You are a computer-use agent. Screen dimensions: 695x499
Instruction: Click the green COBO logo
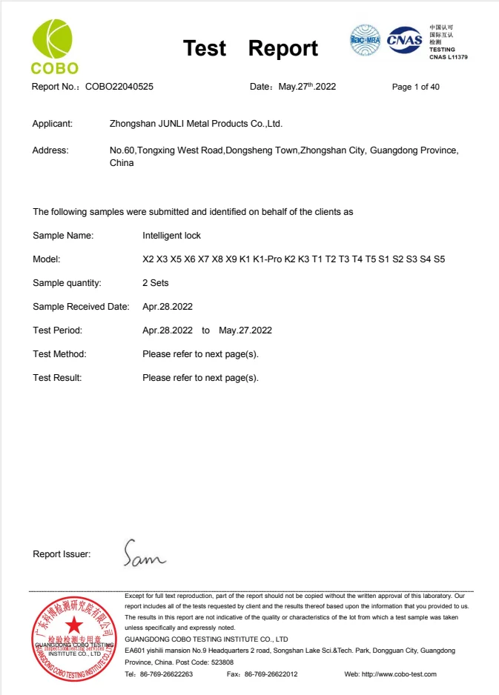[x=55, y=47]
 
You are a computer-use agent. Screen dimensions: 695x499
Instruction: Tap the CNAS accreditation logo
[x=405, y=39]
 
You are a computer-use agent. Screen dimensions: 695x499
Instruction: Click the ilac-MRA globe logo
[x=365, y=41]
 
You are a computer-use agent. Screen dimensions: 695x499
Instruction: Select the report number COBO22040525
[x=119, y=87]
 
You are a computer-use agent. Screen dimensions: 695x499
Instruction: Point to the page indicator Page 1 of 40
[x=415, y=87]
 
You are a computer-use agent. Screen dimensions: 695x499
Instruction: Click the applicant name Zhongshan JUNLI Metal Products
[x=196, y=124]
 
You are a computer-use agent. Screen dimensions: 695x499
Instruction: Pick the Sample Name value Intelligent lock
[x=171, y=236]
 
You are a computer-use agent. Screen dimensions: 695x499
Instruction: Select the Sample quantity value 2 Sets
[x=156, y=283]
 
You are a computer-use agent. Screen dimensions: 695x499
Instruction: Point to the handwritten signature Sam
[x=145, y=553]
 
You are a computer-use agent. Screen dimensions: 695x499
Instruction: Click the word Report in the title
[x=282, y=49]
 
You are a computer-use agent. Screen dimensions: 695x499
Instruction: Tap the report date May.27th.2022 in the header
[x=307, y=87]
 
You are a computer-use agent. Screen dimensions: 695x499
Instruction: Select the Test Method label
[x=59, y=354]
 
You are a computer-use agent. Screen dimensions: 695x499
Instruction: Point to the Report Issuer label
[x=62, y=554]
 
